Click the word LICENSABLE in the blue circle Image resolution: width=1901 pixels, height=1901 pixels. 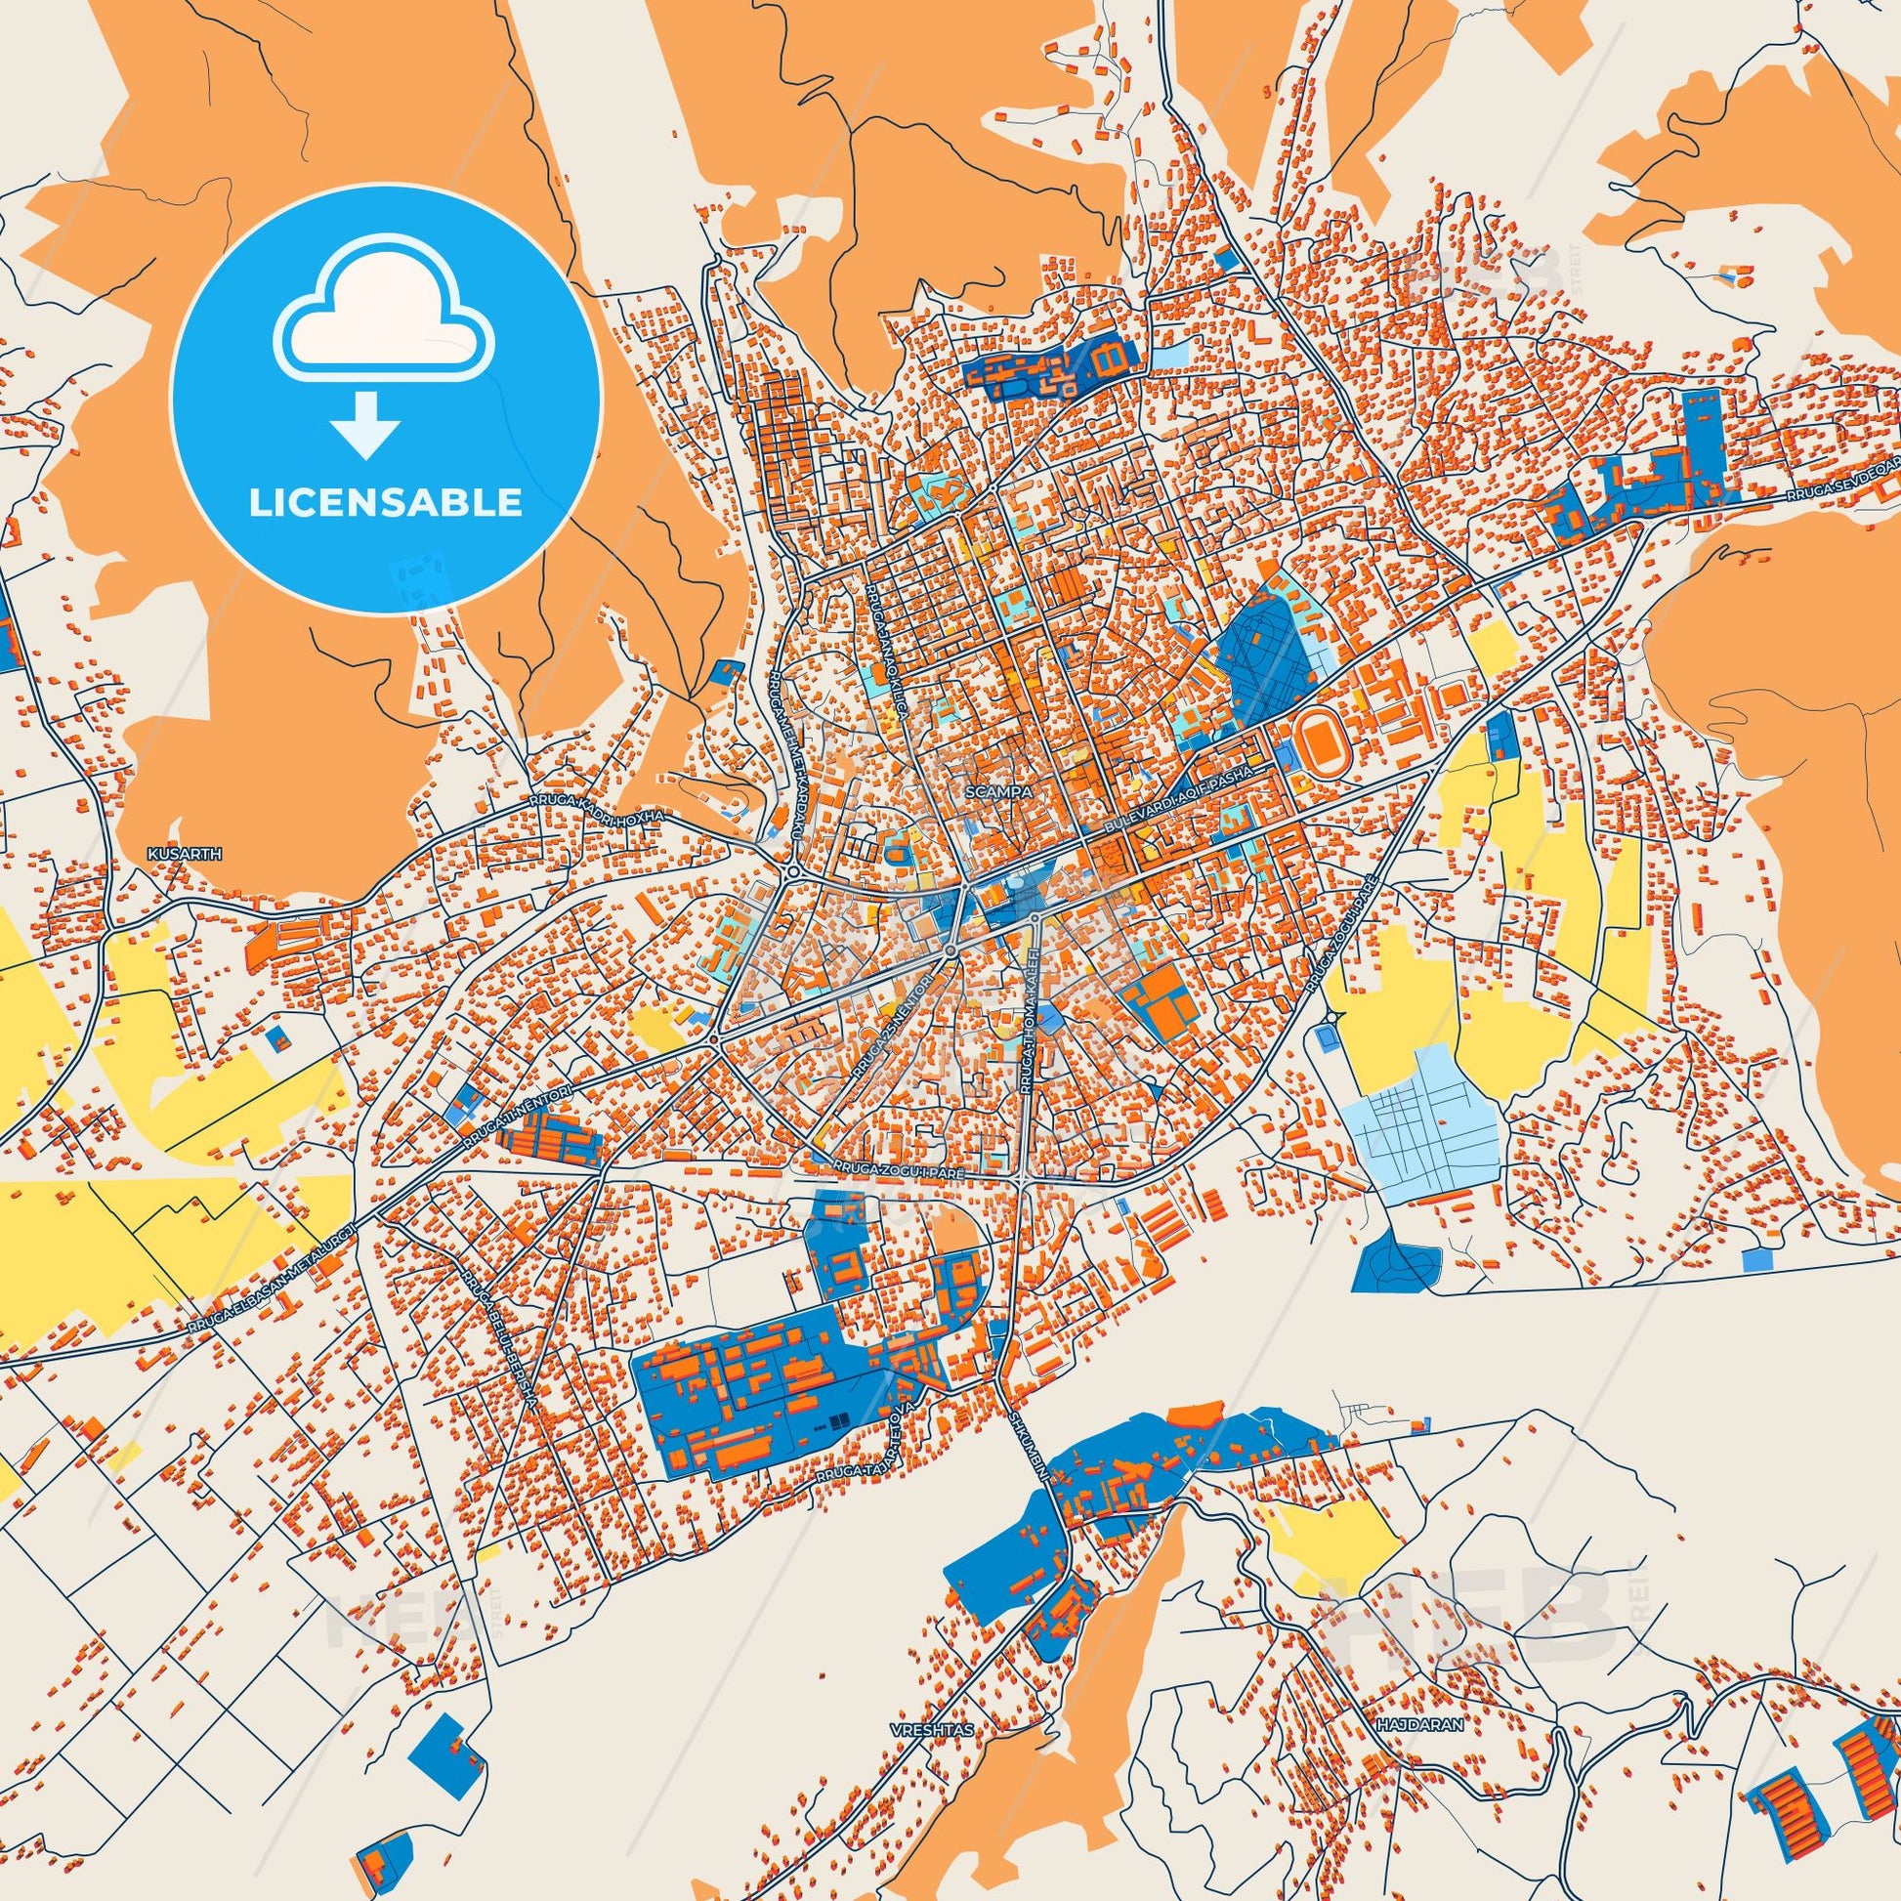(x=385, y=502)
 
